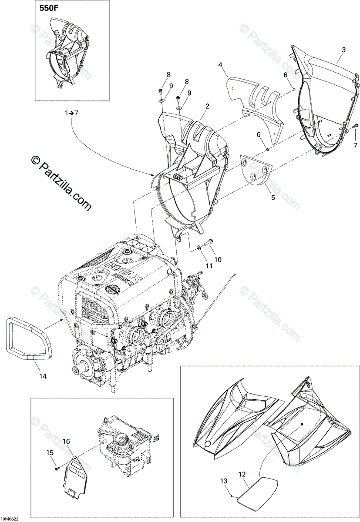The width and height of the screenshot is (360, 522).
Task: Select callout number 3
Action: click(343, 50)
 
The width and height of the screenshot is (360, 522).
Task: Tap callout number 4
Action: click(220, 65)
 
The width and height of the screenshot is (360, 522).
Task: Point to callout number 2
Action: click(208, 106)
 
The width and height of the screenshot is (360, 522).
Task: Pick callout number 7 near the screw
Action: click(355, 145)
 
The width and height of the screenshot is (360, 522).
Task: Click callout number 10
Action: click(218, 260)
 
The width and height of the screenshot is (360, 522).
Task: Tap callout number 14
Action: click(42, 375)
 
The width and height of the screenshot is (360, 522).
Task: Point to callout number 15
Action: click(50, 453)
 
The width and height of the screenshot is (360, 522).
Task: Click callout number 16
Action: click(66, 442)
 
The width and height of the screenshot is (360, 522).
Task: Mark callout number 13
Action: click(224, 481)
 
